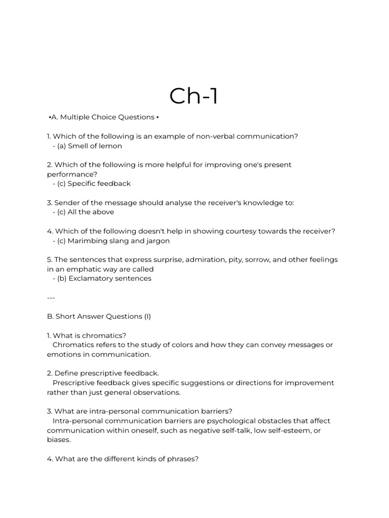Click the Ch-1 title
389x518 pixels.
coord(194,96)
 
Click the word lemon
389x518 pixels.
coord(110,146)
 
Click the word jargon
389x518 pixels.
coord(158,241)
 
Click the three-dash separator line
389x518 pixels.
coord(51,297)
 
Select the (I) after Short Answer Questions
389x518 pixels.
coord(147,317)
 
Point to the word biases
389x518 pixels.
coord(58,440)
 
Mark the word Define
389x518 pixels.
coord(66,373)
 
